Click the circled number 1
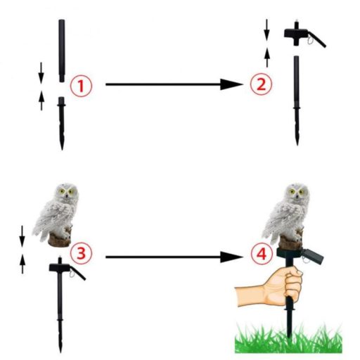[x=81, y=86]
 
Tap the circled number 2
[x=261, y=84]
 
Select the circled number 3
[x=81, y=253]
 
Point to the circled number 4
[x=262, y=253]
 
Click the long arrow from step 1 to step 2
[x=174, y=84]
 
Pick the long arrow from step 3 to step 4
[x=174, y=257]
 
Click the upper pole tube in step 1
[x=62, y=51]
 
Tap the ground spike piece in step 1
[x=62, y=123]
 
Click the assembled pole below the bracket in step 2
[x=297, y=101]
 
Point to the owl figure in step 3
[x=56, y=214]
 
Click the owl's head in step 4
[x=297, y=193]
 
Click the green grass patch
[x=288, y=338]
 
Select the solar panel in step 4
[x=312, y=256]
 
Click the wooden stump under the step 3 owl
[x=59, y=240]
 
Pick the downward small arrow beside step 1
[x=41, y=72]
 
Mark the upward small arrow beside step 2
[x=267, y=58]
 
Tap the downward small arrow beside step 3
[x=22, y=236]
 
